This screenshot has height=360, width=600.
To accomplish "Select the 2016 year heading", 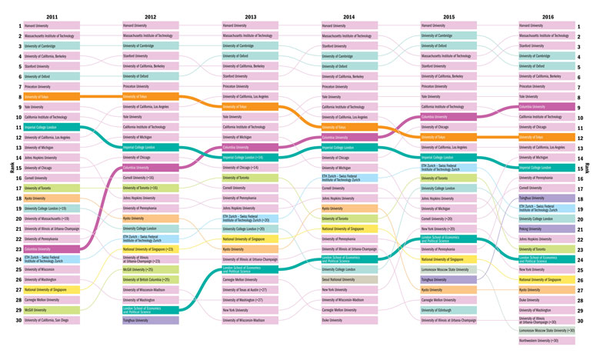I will pos(548,15).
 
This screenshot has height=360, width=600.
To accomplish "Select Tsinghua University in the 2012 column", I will pos(150,320).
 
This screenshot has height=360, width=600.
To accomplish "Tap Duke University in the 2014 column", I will pos(348,320).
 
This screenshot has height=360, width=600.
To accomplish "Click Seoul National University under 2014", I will pos(348,279).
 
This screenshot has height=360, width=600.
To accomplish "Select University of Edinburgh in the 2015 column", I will pos(448,310).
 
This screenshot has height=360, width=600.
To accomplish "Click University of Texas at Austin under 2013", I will pos(250,289).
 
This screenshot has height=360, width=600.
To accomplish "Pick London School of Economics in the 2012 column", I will pos(150,309).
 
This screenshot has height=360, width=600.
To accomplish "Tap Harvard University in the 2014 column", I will pos(348,25).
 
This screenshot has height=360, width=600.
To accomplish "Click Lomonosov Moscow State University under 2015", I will pos(448,269).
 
